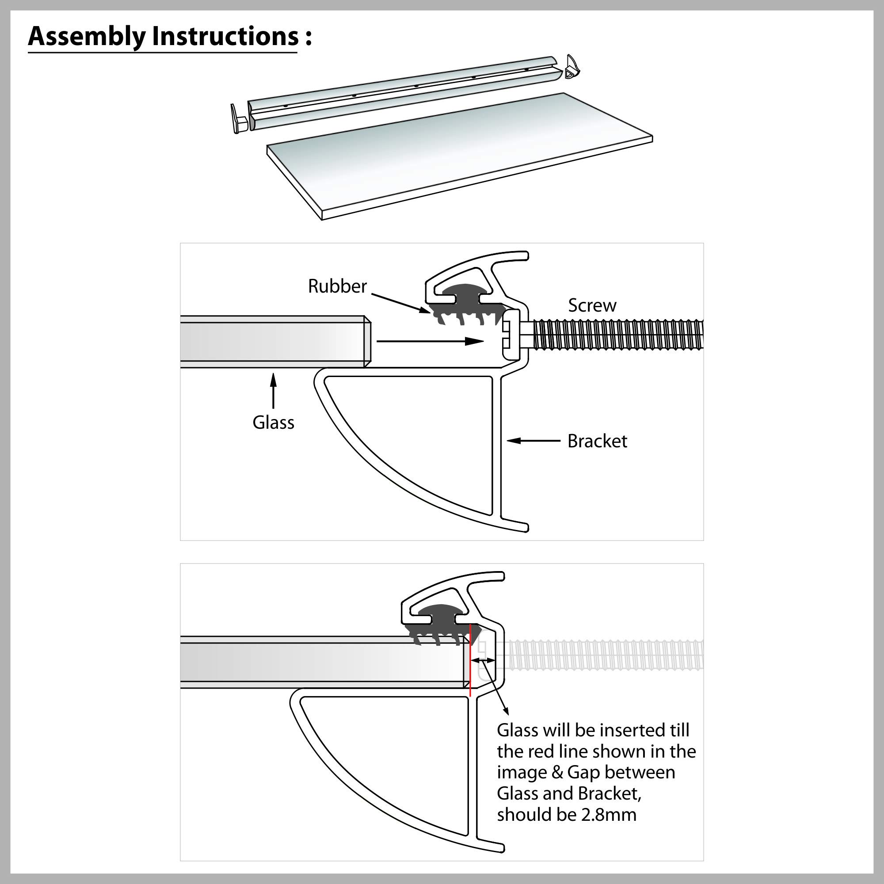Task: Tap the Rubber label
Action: pyautogui.click(x=337, y=286)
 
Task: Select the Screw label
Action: pyautogui.click(x=592, y=305)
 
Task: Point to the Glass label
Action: pyautogui.click(x=273, y=422)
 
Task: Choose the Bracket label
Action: pyautogui.click(x=597, y=441)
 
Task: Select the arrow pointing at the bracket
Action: pyautogui.click(x=533, y=441)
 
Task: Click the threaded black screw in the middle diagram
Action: pyautogui.click(x=618, y=335)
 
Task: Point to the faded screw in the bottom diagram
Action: pyautogui.click(x=604, y=655)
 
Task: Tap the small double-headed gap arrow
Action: pyautogui.click(x=483, y=660)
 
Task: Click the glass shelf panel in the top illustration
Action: pyautogui.click(x=457, y=156)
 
